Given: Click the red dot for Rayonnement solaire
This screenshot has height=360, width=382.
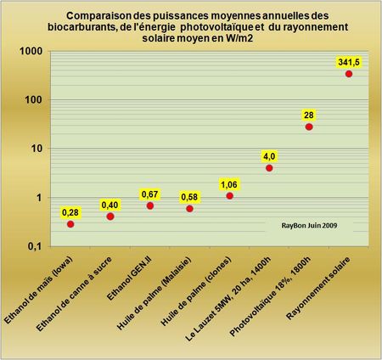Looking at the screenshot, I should (348, 74).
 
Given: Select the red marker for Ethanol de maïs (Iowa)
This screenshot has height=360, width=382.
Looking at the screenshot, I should (70, 224).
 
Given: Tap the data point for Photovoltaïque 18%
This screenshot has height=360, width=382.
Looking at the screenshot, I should (309, 127).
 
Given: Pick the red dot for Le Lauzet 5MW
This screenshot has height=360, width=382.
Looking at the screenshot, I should (269, 168).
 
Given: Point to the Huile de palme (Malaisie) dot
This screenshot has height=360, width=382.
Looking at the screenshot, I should (189, 208).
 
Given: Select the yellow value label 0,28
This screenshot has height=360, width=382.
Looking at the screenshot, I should (70, 211).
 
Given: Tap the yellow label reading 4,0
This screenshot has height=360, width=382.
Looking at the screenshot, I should (269, 155).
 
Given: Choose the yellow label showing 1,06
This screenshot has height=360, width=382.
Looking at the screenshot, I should (229, 183).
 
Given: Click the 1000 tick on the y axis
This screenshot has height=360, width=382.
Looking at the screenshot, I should (31, 52).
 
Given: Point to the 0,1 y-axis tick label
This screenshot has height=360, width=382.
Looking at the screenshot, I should (33, 246).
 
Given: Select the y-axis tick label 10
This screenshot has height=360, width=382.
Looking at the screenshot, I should (36, 149).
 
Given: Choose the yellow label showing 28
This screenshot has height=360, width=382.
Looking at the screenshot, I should (309, 114).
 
